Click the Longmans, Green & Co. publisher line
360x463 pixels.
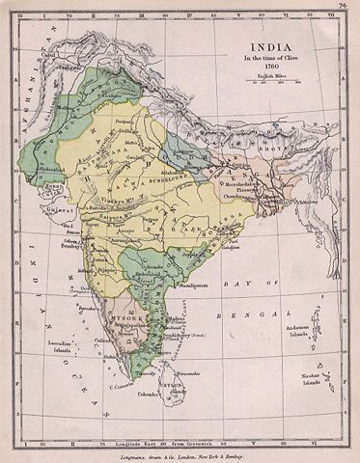pyautogui.click(x=180, y=454)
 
